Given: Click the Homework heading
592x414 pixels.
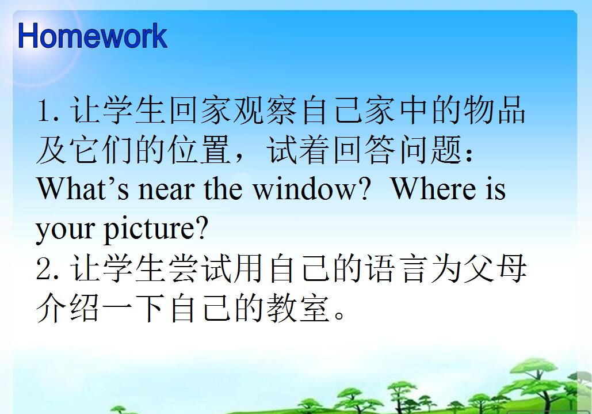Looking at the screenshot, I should pyautogui.click(x=93, y=37).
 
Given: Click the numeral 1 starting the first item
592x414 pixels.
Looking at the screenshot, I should pyautogui.click(x=45, y=111).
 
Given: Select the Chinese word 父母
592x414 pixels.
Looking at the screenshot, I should pyautogui.click(x=495, y=269).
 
